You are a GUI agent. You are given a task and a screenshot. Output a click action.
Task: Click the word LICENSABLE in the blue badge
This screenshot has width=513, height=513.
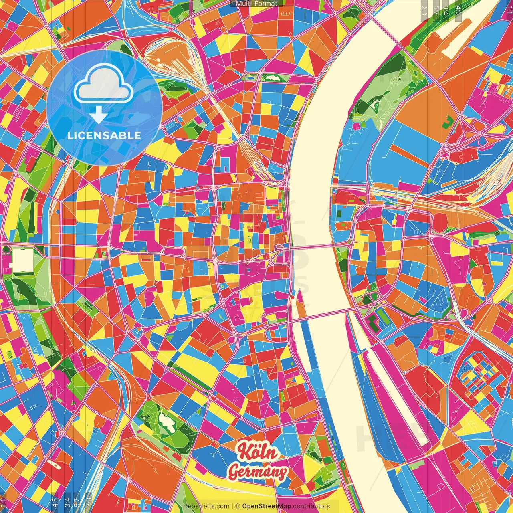[104, 135]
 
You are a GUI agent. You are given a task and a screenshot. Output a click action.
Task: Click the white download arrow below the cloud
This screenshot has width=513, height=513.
[98, 115]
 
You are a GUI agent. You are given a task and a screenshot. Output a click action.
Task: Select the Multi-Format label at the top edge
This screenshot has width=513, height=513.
[256, 4]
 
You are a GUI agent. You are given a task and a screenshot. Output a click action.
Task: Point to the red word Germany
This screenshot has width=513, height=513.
[258, 472]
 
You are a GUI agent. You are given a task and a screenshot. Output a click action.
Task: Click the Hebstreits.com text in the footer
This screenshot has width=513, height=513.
[206, 506]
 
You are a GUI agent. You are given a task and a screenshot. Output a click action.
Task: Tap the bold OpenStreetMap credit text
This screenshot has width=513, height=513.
[266, 506]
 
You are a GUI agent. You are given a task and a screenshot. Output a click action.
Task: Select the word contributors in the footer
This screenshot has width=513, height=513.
[311, 506]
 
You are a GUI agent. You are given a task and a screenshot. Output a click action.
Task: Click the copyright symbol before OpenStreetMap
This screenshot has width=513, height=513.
[238, 506]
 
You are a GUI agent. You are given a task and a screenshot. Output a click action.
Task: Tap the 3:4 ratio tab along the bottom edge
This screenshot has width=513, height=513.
[67, 502]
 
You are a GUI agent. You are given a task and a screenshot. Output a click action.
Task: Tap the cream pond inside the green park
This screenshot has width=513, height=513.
[165, 421]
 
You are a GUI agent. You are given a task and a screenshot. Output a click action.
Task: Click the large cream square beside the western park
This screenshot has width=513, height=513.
[22, 260]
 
